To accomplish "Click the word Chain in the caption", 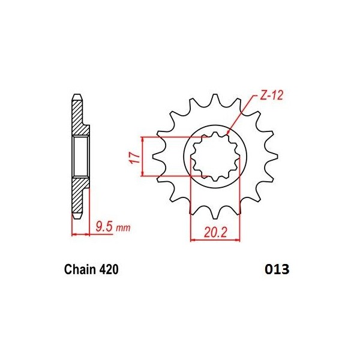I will [x=79, y=270].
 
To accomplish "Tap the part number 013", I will [x=276, y=270].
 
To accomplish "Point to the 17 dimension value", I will [x=134, y=157].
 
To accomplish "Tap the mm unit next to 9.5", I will [x=122, y=229].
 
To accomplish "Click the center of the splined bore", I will [x=215, y=157].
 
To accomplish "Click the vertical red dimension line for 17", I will [x=143, y=157].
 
